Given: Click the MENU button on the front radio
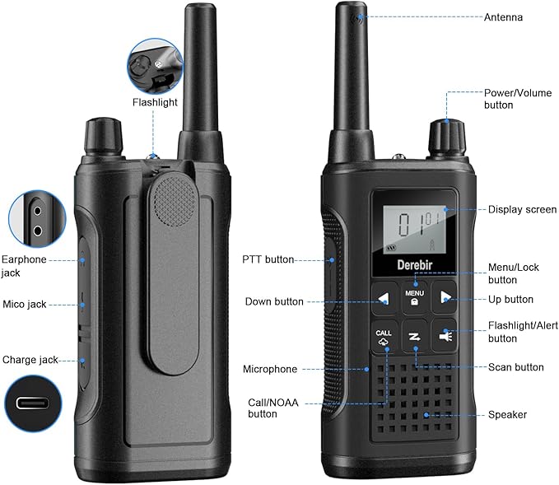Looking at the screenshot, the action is pyautogui.click(x=414, y=297).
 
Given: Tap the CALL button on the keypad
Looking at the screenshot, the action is pyautogui.click(x=384, y=337).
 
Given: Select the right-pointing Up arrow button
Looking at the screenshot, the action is pyautogui.click(x=445, y=297).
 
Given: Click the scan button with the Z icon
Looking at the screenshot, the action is pyautogui.click(x=414, y=337).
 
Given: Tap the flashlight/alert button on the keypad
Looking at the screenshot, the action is pyautogui.click(x=445, y=336).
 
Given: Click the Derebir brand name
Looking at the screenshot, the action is pyautogui.click(x=415, y=265).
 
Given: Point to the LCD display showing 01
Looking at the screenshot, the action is pyautogui.click(x=415, y=229).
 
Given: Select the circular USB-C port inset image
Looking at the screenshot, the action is pyautogui.click(x=33, y=403).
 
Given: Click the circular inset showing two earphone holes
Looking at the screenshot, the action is pyautogui.click(x=37, y=219).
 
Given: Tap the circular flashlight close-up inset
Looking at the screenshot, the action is pyautogui.click(x=156, y=67).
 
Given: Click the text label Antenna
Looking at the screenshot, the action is pyautogui.click(x=503, y=17).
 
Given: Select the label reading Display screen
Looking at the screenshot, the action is pyautogui.click(x=522, y=209).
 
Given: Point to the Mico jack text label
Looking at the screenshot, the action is pyautogui.click(x=24, y=304).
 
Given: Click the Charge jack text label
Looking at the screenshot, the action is pyautogui.click(x=30, y=360).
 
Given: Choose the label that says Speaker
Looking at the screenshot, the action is pyautogui.click(x=507, y=415).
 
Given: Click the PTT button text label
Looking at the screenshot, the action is pyautogui.click(x=268, y=259).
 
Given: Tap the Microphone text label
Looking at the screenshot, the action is pyautogui.click(x=270, y=369).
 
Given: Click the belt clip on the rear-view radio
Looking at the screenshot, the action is pyautogui.click(x=175, y=273).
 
